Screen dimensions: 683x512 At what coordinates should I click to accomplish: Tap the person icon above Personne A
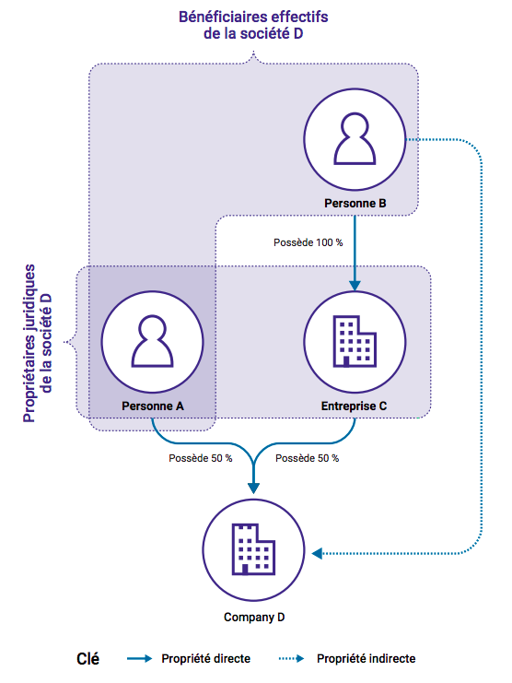151,344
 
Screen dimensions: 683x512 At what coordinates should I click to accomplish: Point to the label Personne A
152,406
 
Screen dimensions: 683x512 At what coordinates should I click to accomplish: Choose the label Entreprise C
355,406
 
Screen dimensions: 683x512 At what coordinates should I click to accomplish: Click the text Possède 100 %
308,242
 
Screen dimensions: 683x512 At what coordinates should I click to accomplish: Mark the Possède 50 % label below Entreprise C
307,458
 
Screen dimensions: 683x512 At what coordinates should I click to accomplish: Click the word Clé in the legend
87,659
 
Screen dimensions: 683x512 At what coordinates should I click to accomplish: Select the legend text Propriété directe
205,659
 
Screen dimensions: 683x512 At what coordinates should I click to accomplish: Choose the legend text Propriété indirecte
366,659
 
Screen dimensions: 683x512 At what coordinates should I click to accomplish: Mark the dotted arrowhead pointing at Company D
317,553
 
